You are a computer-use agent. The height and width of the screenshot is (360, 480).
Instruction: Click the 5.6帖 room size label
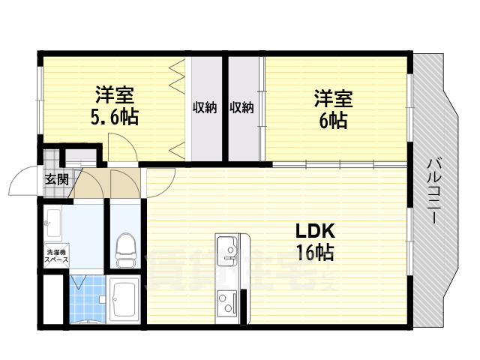(115, 118)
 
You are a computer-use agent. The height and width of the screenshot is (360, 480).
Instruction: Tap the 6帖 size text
(333, 119)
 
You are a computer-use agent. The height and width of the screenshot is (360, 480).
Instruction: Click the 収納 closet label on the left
(205, 107)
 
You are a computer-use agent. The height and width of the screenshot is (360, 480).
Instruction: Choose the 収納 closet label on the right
(241, 107)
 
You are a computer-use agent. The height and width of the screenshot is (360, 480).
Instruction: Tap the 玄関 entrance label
(56, 179)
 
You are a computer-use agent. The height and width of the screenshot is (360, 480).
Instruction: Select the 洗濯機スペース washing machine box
(56, 256)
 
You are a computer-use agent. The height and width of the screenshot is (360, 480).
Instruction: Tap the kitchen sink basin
(226, 245)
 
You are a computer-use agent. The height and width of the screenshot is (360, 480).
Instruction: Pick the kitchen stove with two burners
(226, 302)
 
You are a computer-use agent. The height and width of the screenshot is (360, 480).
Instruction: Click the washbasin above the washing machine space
(53, 219)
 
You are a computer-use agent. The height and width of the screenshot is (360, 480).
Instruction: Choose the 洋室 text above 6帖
(333, 98)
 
